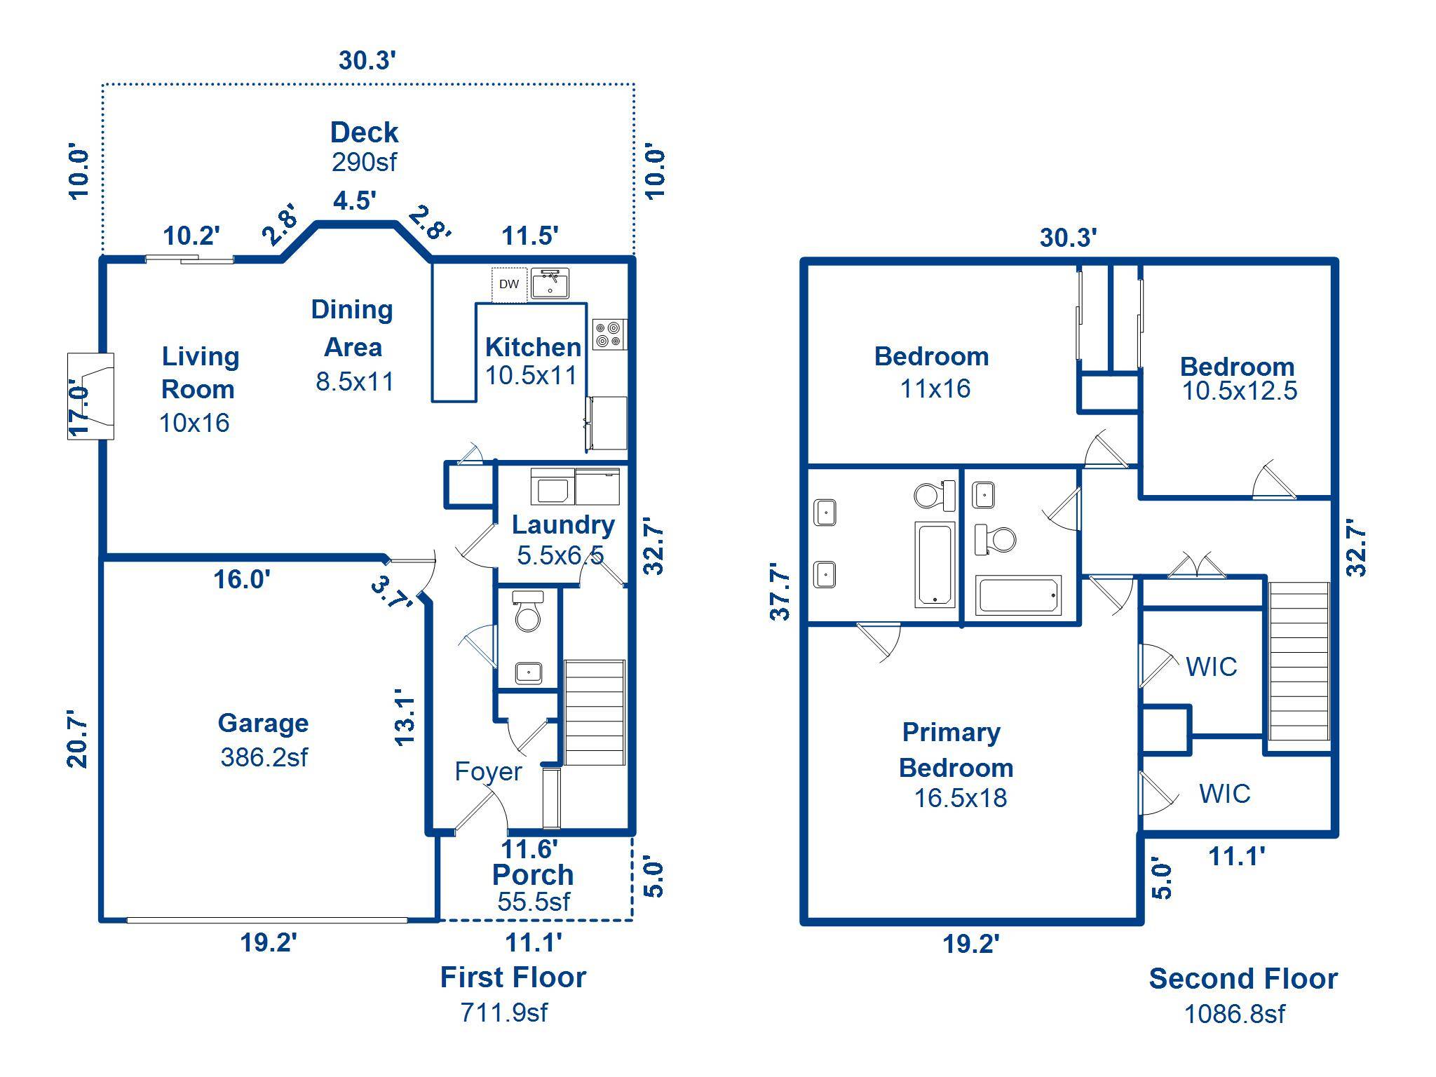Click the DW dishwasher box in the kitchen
tap(509, 284)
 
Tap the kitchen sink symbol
tap(550, 283)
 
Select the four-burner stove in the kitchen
tap(609, 334)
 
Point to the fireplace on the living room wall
tap(90, 396)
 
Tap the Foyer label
tap(488, 771)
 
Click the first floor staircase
tap(595, 712)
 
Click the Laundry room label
tap(563, 524)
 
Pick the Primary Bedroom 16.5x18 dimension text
tap(961, 798)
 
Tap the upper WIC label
tap(1212, 667)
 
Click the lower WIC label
tap(1225, 794)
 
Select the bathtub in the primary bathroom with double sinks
tap(935, 564)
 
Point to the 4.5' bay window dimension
tap(355, 201)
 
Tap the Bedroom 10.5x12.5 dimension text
tap(1240, 391)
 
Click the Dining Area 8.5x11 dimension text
tap(355, 381)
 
